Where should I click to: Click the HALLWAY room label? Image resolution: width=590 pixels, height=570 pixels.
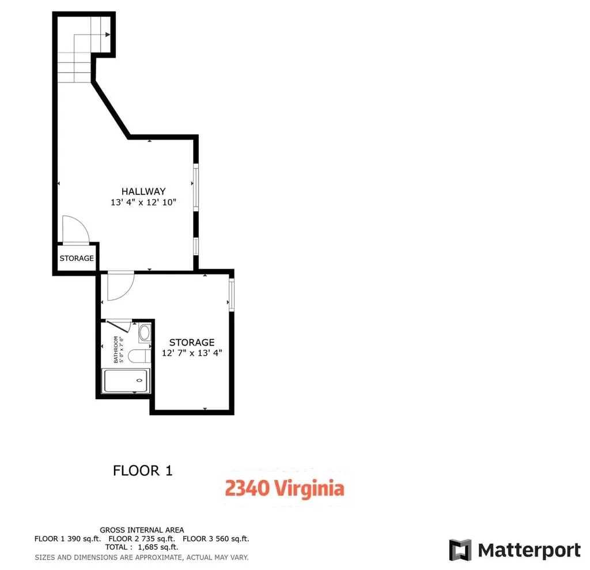(143, 191)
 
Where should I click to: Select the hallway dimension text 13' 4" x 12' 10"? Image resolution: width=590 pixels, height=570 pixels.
(143, 202)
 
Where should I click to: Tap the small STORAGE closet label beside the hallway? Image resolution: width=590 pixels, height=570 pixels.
(77, 258)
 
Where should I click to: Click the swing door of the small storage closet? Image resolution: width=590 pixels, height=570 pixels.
(75, 229)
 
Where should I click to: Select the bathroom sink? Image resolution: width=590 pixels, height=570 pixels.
(145, 333)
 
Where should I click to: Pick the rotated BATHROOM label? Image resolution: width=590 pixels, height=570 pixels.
(118, 350)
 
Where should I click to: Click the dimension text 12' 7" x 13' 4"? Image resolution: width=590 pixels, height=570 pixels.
(192, 353)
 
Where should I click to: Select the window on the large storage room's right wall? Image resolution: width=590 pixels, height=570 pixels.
(232, 295)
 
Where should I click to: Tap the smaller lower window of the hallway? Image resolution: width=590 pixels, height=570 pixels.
(196, 246)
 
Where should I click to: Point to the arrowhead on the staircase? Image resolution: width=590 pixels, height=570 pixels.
(108, 35)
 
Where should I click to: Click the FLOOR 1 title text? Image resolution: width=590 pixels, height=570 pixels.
(142, 471)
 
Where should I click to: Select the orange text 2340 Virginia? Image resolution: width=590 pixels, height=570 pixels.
(285, 489)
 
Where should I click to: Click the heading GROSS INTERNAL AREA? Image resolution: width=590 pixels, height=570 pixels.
(142, 530)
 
